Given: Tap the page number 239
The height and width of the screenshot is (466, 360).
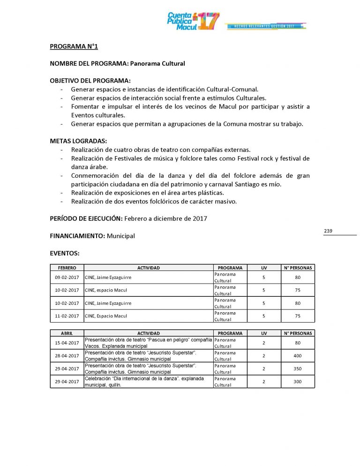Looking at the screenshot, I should click(328, 231).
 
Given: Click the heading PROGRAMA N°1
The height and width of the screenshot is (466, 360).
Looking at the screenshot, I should click(74, 46).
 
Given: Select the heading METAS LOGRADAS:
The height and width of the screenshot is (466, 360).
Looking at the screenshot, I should click(78, 141).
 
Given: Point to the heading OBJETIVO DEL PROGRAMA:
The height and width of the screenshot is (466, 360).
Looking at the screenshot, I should click(90, 80).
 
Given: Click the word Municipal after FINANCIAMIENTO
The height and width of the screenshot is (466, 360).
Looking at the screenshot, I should click(120, 236).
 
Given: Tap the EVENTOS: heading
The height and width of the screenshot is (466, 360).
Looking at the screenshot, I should click(65, 253).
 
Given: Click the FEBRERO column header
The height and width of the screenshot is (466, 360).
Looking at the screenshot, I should click(67, 268).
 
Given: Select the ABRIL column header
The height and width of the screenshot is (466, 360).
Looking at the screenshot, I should click(67, 333).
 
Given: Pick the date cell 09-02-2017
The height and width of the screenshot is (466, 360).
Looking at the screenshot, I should click(67, 277).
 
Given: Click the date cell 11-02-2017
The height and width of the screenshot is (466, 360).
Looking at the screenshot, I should click(67, 316).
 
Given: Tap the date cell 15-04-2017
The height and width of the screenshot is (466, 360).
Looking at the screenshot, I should click(67, 343).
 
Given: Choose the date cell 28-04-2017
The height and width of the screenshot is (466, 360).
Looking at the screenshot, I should click(67, 356).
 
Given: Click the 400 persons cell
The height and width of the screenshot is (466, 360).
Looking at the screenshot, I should click(298, 356).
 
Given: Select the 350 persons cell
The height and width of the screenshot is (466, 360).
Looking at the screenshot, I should click(298, 368).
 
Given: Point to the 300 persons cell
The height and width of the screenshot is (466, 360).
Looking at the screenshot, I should click(298, 382).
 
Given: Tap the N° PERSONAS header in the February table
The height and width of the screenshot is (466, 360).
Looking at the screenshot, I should click(298, 268).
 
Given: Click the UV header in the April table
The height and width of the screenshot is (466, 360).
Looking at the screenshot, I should click(264, 333).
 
